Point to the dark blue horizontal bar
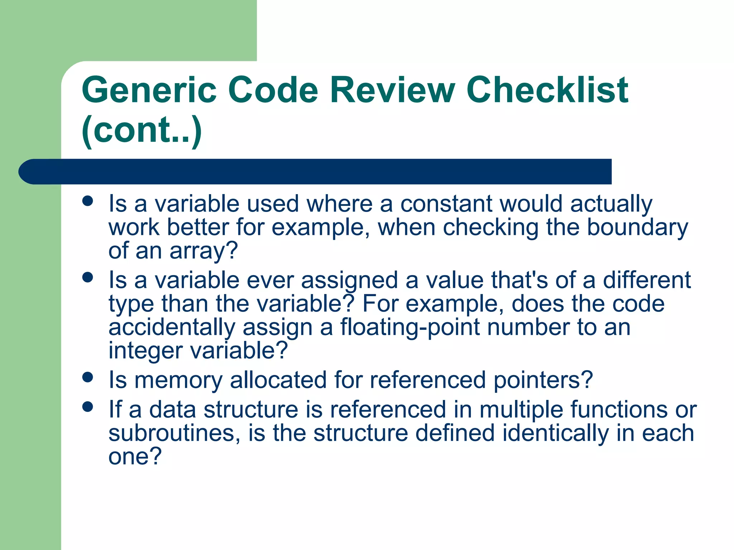[x=315, y=172]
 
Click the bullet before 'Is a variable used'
[x=87, y=201]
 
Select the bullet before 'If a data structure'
[x=87, y=406]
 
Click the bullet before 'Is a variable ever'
[x=87, y=277]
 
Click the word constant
[x=446, y=204]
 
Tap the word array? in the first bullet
[x=204, y=251]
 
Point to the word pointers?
[x=543, y=380]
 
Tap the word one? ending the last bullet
[x=135, y=456]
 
